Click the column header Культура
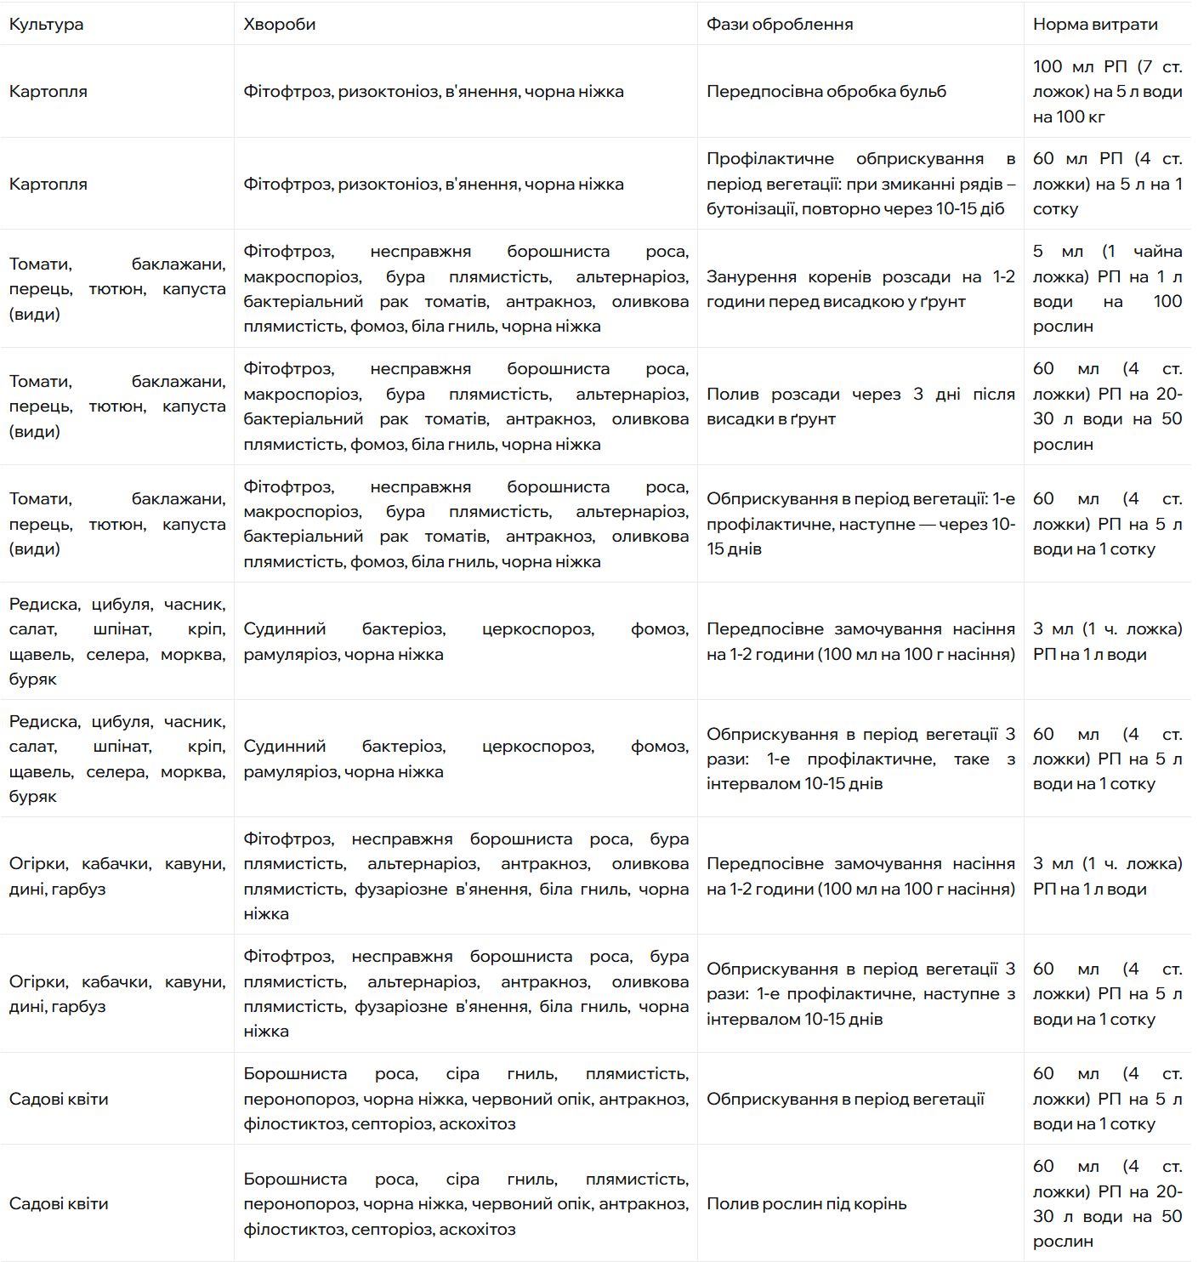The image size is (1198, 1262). pyautogui.click(x=47, y=25)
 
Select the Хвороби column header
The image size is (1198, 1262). pyautogui.click(x=279, y=25)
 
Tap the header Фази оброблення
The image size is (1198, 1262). pyautogui.click(x=780, y=25)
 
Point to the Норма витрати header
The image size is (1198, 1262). pyautogui.click(x=1095, y=25)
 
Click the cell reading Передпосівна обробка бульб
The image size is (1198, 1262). pyautogui.click(x=826, y=92)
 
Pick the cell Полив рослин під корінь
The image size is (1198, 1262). pyautogui.click(x=806, y=1204)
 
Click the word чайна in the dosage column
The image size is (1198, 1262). pyautogui.click(x=1157, y=252)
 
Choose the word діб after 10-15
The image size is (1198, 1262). pyautogui.click(x=991, y=209)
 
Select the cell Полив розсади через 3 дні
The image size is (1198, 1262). pyautogui.click(x=860, y=406)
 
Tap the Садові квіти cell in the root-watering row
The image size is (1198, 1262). pyautogui.click(x=59, y=1204)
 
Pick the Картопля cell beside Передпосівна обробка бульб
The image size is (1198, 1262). pyautogui.click(x=48, y=92)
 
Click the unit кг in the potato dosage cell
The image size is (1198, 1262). pyautogui.click(x=1096, y=117)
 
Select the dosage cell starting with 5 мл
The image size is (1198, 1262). pyautogui.click(x=1106, y=289)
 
